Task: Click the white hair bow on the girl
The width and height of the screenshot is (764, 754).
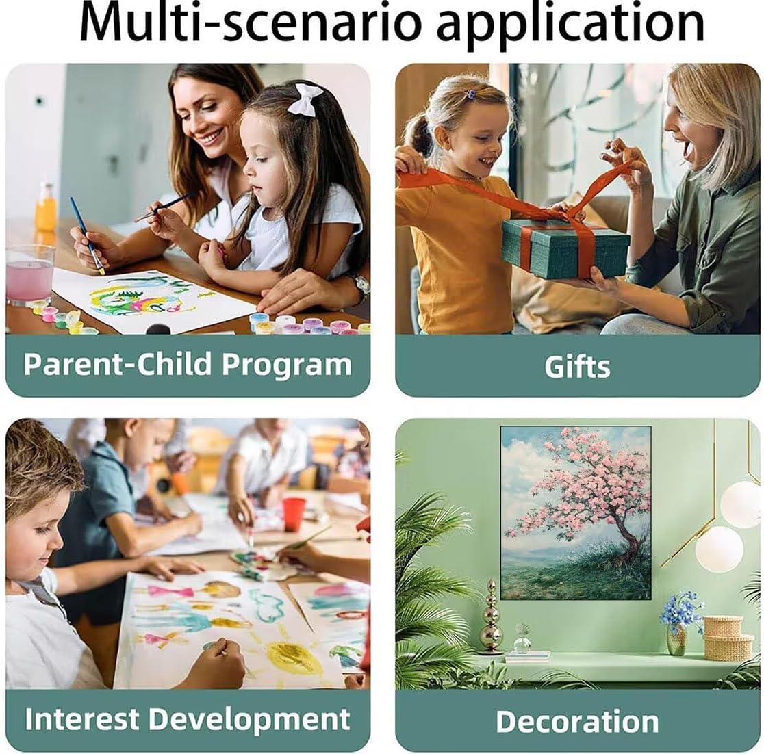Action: click(x=305, y=99)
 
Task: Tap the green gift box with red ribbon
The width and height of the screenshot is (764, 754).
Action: click(x=565, y=248)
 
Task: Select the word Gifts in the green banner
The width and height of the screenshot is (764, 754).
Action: click(x=577, y=366)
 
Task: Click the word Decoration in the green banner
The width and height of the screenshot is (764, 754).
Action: click(x=577, y=721)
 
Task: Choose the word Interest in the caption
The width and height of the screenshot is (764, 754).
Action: click(x=82, y=718)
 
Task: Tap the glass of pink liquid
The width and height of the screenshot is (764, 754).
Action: click(x=29, y=274)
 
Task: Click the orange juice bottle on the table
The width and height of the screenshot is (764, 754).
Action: click(x=45, y=207)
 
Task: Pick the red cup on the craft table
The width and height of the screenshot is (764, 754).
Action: click(x=294, y=514)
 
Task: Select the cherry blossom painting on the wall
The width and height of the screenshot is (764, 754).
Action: click(x=576, y=513)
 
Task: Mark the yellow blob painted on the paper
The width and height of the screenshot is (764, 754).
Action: click(x=293, y=657)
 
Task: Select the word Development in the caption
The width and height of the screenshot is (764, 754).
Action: click(x=249, y=720)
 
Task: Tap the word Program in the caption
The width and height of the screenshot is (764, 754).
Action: click(x=286, y=365)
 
